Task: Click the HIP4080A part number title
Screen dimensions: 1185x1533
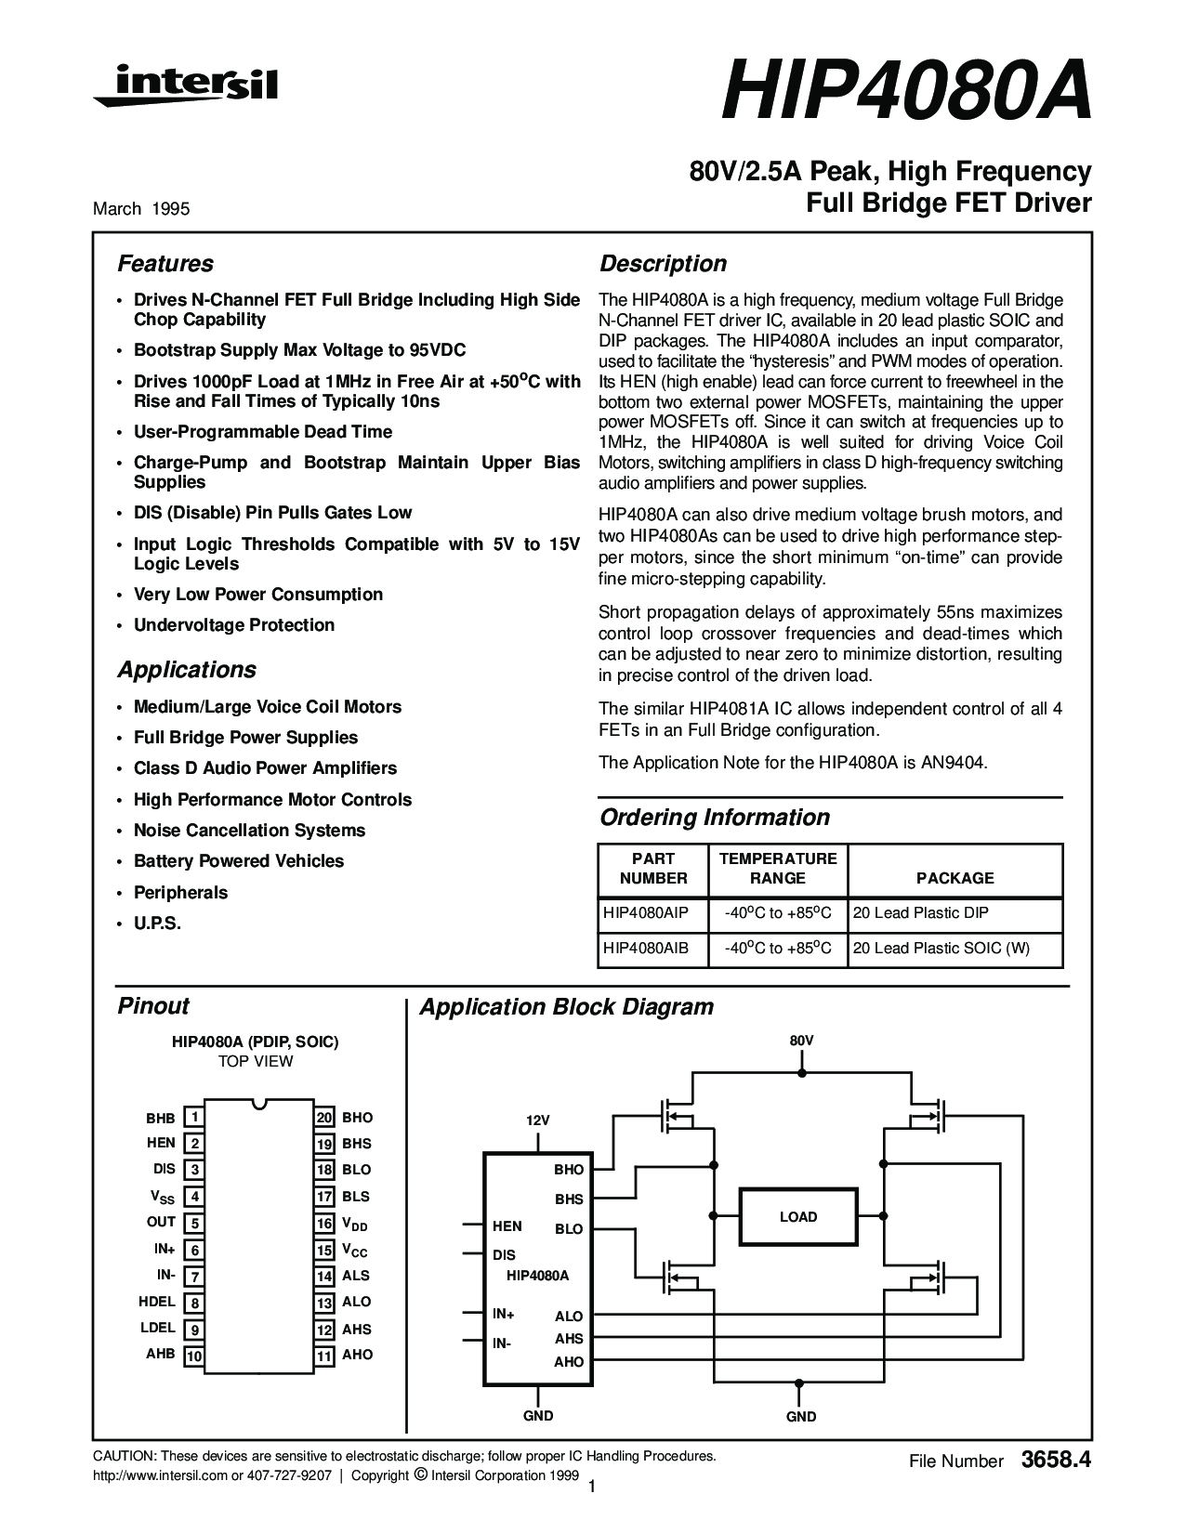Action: pos(906,93)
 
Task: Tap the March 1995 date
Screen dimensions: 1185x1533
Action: pos(142,209)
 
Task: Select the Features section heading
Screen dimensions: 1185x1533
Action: pos(165,264)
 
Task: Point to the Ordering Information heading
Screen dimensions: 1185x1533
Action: pos(714,817)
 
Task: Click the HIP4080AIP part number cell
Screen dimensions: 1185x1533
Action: pos(645,913)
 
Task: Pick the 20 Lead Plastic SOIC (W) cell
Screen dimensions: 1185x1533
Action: pos(941,949)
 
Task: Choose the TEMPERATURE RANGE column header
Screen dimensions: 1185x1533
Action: pos(778,869)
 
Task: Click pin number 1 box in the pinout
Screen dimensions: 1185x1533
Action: pos(193,1117)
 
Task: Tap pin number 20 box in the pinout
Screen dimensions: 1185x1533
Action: pos(324,1117)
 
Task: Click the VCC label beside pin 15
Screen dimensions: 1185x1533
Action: pos(355,1251)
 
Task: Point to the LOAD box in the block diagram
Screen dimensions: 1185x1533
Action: pos(798,1216)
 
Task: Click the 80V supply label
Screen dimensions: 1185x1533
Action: pos(801,1041)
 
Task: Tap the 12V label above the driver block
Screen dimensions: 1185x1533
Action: pos(538,1120)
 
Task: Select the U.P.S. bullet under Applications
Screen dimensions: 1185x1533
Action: pos(157,924)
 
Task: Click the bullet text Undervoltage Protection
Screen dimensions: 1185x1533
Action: pos(234,625)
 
